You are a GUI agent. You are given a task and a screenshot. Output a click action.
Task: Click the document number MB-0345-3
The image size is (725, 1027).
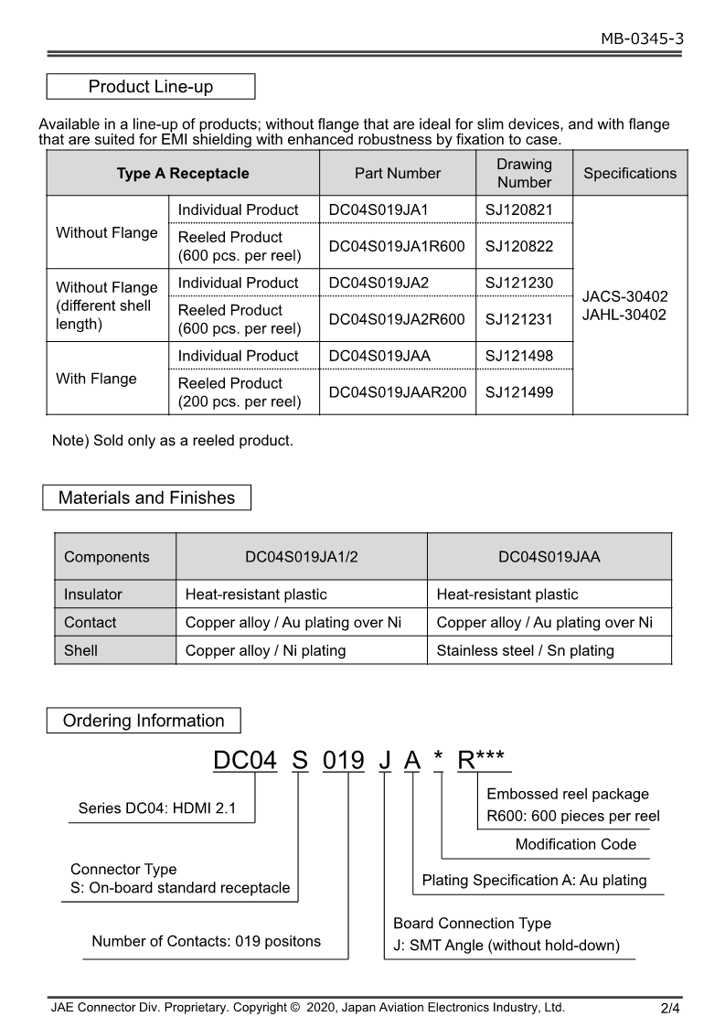(642, 38)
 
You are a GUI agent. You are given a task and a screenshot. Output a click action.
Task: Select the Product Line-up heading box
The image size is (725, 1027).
(151, 87)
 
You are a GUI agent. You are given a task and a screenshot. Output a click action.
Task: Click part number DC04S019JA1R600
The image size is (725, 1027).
(397, 246)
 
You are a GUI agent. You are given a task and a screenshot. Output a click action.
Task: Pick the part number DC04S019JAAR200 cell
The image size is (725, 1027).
(397, 392)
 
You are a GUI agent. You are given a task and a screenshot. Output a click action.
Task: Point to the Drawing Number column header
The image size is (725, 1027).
(524, 173)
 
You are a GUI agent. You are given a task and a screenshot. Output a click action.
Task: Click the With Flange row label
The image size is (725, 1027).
(96, 379)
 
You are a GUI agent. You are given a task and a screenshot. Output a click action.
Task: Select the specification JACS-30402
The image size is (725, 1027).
(625, 296)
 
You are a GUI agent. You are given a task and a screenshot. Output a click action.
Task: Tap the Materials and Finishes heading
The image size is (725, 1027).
(146, 498)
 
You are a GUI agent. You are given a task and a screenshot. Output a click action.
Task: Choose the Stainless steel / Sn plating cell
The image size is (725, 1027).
(525, 650)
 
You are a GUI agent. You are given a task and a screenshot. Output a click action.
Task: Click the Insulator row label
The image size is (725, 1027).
(92, 594)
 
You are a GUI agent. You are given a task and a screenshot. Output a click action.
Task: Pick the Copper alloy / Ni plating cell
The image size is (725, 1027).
(265, 650)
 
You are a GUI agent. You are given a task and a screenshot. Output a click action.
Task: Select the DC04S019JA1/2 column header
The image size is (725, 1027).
(301, 557)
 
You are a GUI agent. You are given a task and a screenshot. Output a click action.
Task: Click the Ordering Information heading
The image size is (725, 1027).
(144, 721)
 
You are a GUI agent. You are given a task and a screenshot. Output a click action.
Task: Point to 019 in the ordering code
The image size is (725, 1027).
(344, 760)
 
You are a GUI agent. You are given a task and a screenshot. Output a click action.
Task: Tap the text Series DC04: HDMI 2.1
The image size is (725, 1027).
(157, 808)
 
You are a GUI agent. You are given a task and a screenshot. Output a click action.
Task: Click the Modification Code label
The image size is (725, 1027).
(576, 844)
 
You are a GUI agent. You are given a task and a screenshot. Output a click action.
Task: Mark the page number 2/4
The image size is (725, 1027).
(670, 1010)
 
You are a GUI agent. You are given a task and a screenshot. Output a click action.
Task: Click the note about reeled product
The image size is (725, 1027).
(173, 441)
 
